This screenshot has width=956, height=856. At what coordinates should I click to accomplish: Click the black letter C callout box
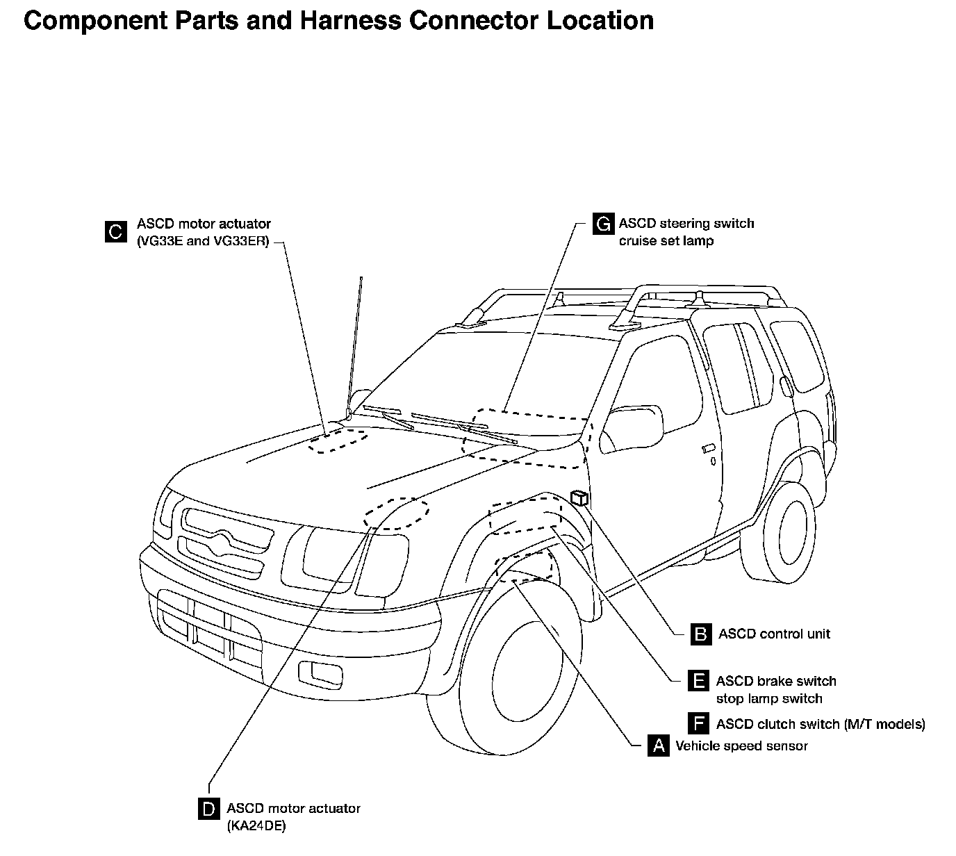click(115, 231)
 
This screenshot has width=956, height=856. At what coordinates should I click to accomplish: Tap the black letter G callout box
click(603, 224)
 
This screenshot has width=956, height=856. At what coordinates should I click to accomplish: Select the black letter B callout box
click(702, 634)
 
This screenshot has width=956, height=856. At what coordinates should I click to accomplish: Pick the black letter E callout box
click(698, 681)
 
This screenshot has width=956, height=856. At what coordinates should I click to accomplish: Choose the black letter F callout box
click(698, 724)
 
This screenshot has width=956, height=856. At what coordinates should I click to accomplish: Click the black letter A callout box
click(658, 746)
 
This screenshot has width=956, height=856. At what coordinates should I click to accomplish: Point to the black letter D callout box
click(208, 809)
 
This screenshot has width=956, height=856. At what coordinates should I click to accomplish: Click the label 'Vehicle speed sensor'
click(741, 746)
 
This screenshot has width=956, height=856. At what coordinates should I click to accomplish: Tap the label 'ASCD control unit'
click(774, 634)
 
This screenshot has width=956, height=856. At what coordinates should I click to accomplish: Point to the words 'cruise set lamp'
click(666, 241)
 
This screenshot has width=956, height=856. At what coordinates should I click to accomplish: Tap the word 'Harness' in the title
click(349, 20)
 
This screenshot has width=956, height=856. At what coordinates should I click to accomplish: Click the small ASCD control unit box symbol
click(579, 497)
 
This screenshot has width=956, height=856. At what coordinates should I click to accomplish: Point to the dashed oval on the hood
click(338, 441)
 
